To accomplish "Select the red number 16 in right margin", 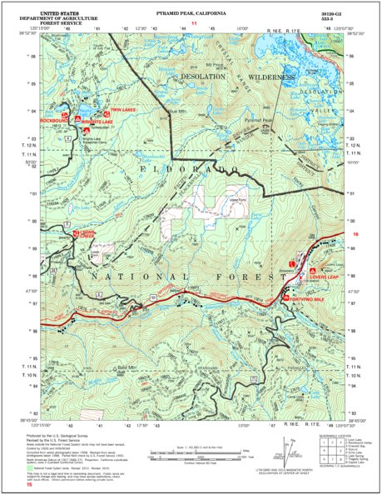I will tap(355, 236).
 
